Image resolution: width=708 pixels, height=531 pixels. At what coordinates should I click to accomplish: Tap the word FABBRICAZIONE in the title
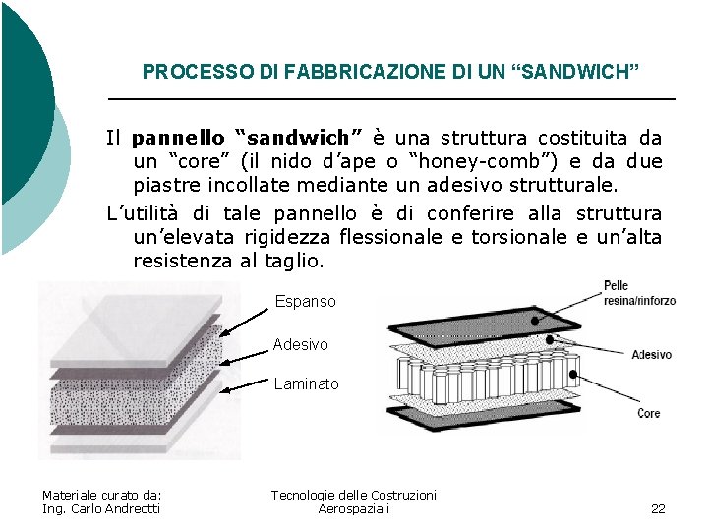[x=299, y=72]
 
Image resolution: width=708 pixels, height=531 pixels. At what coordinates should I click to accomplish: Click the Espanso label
[x=305, y=302]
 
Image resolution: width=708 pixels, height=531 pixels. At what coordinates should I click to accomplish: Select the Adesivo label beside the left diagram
[x=300, y=345]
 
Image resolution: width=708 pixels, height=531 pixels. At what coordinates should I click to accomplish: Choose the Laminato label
[x=306, y=384]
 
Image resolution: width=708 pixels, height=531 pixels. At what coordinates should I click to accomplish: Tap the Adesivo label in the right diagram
[x=651, y=355]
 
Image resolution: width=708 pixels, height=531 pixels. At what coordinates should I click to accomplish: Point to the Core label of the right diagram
[x=649, y=414]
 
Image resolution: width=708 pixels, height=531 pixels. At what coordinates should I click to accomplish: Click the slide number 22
[x=658, y=508]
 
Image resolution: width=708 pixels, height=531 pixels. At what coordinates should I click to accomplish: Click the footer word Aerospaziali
[x=354, y=508]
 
